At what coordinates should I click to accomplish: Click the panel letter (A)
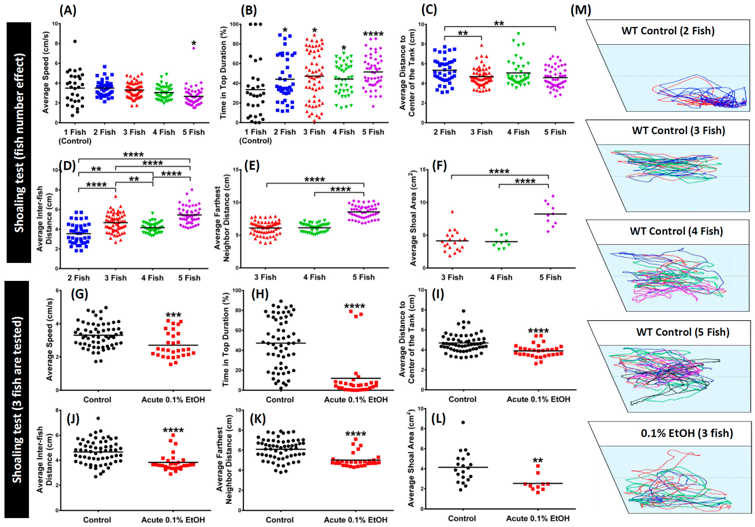coord(68,11)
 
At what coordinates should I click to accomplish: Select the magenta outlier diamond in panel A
coord(194,48)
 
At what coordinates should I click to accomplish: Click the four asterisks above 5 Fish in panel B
coord(373,34)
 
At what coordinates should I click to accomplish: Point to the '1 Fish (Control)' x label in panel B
coord(256,136)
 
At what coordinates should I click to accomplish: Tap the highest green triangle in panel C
coord(518,33)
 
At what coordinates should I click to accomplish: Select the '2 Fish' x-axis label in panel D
coord(79,278)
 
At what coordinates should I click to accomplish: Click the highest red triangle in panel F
coord(452,212)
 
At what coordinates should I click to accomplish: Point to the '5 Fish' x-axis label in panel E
coord(363,277)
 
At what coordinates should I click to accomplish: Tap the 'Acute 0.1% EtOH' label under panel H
coord(356,400)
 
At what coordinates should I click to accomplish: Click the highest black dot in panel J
coord(98,418)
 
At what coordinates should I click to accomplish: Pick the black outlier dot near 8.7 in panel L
coord(463,422)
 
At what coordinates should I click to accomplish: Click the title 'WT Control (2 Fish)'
coord(668,31)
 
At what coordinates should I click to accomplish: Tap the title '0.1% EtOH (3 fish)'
coord(687,433)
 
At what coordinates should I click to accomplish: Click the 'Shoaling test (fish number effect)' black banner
coord(19,142)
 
